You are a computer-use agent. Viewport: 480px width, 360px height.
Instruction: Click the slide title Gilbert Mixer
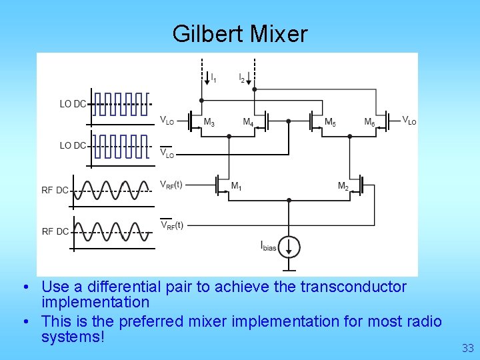pos(240,33)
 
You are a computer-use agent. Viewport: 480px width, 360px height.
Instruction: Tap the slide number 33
pos(467,348)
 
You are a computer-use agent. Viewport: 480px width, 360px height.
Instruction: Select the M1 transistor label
pos(236,187)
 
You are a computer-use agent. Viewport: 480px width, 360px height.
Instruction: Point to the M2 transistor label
pos(343,186)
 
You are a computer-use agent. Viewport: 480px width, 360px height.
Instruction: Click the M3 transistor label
pos(209,123)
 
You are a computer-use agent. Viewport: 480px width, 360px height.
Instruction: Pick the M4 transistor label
pos(247,123)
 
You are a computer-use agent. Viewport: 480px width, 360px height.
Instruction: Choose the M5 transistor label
pos(330,123)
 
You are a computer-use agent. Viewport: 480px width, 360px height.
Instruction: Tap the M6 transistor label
pos(369,123)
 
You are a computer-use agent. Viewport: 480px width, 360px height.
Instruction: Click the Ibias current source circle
pos(289,246)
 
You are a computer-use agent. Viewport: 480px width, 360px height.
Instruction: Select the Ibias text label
pos(269,246)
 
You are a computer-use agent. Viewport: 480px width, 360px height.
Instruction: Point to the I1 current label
pos(213,79)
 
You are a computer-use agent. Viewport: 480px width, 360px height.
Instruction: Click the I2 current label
pos(242,79)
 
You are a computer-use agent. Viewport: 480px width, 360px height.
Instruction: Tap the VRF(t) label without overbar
pos(171,185)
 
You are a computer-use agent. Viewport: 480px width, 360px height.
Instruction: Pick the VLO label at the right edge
pos(409,121)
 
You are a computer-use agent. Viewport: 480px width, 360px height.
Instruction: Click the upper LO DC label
pos(73,104)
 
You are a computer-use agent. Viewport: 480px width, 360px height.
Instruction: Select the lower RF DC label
pos(55,231)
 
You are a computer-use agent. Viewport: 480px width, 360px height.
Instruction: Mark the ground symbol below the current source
pos(289,269)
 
